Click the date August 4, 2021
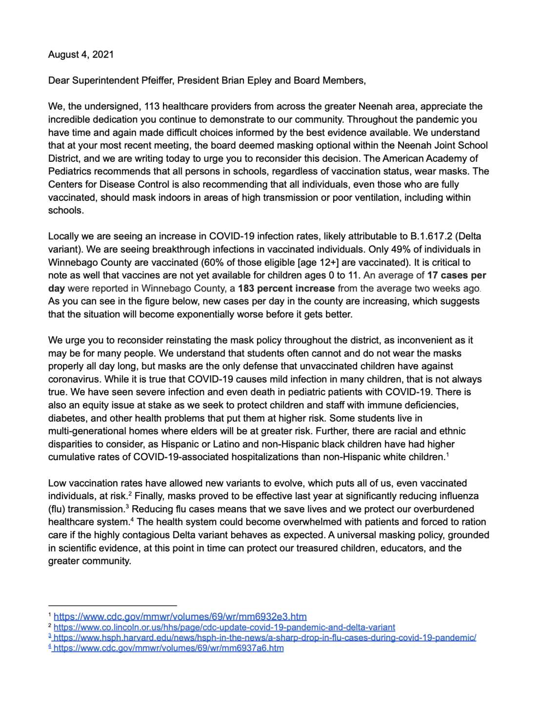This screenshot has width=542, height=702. click(x=81, y=55)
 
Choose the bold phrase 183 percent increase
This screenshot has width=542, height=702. click(x=286, y=288)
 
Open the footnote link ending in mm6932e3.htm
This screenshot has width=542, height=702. click(x=180, y=617)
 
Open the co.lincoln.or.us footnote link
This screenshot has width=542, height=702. click(x=224, y=627)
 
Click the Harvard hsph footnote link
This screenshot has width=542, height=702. click(x=265, y=638)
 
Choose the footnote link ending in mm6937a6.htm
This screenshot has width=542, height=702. click(x=168, y=648)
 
